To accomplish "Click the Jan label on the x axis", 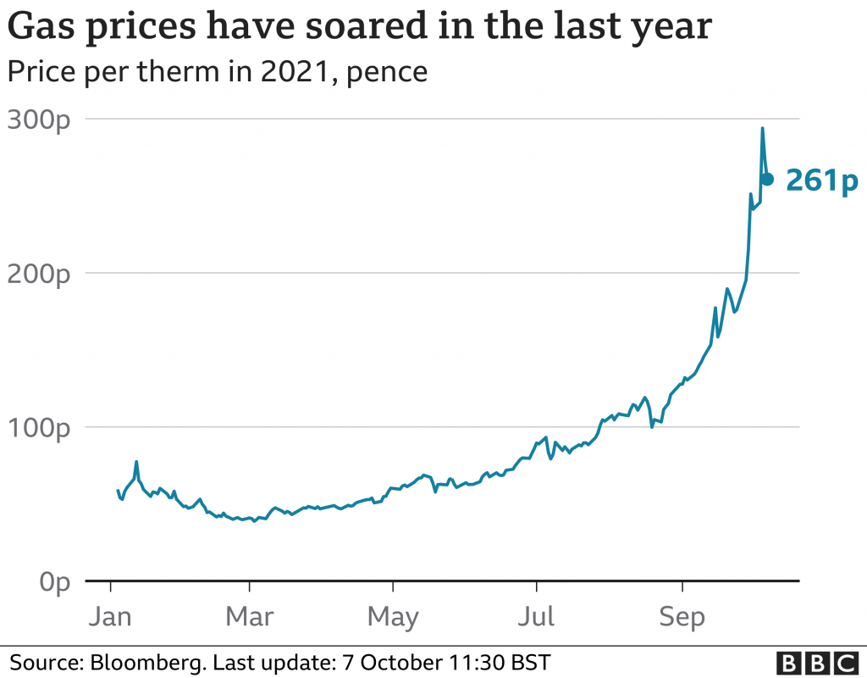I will (111, 616).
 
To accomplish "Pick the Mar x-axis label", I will (250, 616).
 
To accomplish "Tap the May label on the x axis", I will (393, 616).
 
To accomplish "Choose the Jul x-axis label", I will (536, 616).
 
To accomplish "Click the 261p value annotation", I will (822, 180).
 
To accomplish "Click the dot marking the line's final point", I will (767, 179).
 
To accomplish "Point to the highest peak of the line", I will (762, 129).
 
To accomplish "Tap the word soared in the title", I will (410, 28).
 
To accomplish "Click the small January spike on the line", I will (136, 463).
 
